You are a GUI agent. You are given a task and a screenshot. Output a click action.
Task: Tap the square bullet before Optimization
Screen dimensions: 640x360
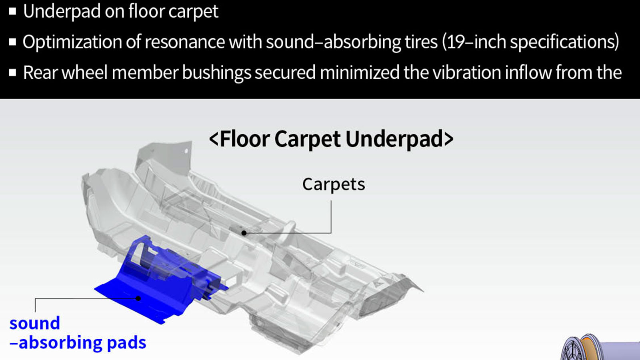click(x=12, y=42)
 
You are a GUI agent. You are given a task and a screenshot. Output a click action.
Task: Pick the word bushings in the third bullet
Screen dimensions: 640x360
click(x=216, y=72)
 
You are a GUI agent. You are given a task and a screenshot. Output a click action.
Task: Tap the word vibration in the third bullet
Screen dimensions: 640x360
click(x=467, y=72)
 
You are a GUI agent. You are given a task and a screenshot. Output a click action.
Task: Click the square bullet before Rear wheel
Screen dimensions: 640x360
click(x=12, y=72)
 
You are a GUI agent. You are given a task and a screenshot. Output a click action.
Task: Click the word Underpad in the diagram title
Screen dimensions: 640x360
click(x=394, y=140)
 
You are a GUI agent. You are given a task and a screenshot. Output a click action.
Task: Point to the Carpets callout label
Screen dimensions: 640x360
click(x=334, y=184)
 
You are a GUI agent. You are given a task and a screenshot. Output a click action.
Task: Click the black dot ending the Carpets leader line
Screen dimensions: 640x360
click(x=244, y=233)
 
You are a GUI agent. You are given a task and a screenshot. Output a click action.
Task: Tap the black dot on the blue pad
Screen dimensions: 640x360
click(x=138, y=298)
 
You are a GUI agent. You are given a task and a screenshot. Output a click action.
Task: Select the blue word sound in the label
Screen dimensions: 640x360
click(x=34, y=323)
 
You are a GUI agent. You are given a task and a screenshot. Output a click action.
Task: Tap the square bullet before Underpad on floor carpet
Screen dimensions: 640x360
click(x=12, y=12)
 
